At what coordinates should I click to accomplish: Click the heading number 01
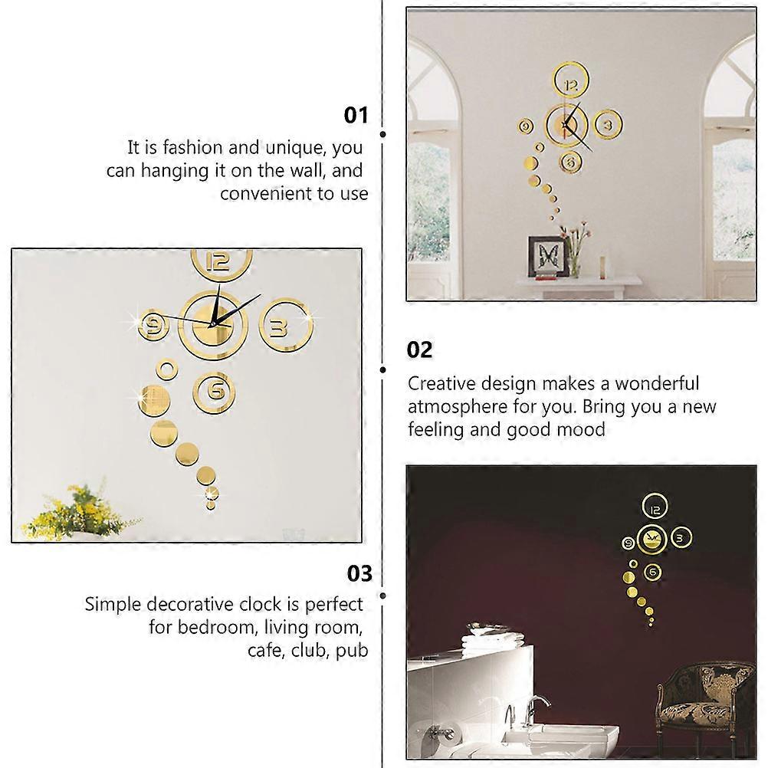(x=356, y=116)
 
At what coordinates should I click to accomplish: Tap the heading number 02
(x=419, y=350)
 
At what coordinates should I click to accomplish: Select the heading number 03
(x=359, y=574)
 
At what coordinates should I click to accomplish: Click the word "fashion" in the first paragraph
(x=199, y=147)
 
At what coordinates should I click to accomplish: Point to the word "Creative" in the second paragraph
(x=442, y=383)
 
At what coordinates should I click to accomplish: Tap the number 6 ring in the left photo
(x=215, y=391)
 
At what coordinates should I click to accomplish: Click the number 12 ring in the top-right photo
(x=571, y=85)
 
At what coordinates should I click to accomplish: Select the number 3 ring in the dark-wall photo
(x=678, y=539)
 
